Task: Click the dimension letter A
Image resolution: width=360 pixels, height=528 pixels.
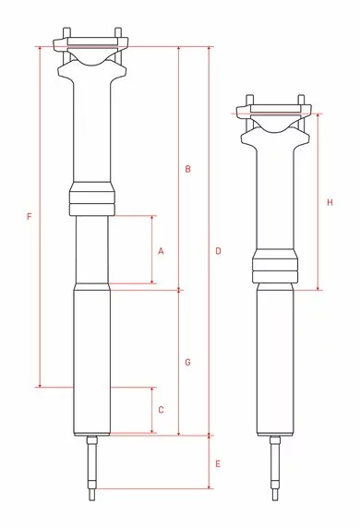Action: pyautogui.click(x=161, y=250)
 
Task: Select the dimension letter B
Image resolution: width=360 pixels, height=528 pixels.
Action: pyautogui.click(x=187, y=169)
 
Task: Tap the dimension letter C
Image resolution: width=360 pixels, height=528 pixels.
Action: pyautogui.click(x=161, y=409)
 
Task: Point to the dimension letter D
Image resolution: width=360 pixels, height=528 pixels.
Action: pyautogui.click(x=218, y=251)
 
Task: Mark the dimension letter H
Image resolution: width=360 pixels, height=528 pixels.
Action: pyautogui.click(x=330, y=202)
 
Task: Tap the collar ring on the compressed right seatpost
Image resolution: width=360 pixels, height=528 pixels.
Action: pyautogui.click(x=275, y=269)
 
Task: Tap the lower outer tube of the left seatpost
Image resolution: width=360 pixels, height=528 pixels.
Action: pyautogui.click(x=91, y=360)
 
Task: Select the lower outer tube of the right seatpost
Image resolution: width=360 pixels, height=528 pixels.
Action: pyautogui.click(x=275, y=360)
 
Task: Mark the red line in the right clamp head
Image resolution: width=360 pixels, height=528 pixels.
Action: pyautogui.click(x=273, y=110)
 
